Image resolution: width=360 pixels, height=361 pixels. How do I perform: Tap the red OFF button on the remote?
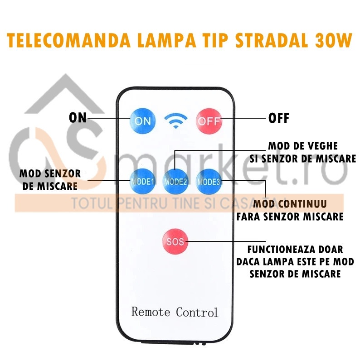point(209,121)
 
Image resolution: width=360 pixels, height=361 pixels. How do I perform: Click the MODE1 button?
point(142,182)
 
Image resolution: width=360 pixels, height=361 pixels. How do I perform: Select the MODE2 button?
point(175,182)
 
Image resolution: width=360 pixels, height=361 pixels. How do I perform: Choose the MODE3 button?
point(209,182)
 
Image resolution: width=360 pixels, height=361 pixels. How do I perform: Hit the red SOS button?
point(175,241)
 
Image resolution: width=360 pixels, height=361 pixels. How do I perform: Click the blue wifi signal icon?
point(175,120)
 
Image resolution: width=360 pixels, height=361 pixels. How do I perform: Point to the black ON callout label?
point(78,118)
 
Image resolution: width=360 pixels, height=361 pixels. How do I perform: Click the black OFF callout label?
point(279,118)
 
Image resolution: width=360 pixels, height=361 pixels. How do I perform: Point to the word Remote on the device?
point(151,312)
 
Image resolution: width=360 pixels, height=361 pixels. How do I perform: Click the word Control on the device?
point(197,313)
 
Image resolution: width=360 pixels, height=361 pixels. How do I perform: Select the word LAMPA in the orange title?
point(166,40)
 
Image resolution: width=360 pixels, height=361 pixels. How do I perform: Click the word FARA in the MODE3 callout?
point(248,217)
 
